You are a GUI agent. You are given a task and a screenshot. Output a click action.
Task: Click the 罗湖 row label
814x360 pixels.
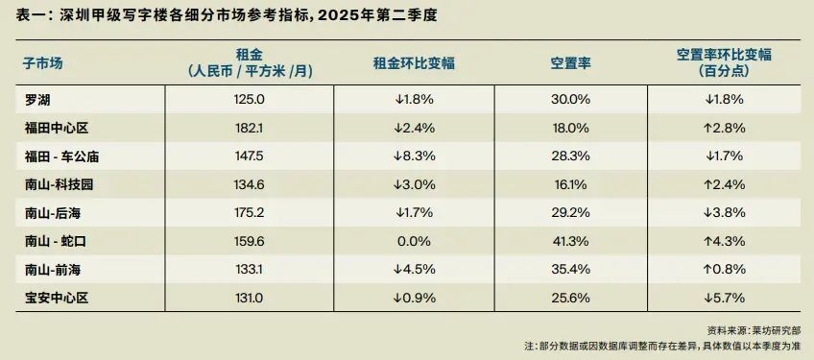click(40, 98)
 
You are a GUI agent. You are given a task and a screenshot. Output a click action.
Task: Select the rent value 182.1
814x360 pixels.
click(250, 127)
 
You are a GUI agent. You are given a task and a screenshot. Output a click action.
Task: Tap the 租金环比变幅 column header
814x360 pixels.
click(414, 62)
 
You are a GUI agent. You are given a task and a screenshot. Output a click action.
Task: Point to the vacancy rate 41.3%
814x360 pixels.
click(570, 241)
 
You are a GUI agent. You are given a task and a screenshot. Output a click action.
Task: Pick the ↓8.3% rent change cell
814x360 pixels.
click(414, 155)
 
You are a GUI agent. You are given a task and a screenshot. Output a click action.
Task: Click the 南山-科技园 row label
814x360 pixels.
click(60, 183)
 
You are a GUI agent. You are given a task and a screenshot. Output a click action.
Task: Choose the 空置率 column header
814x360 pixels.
click(570, 62)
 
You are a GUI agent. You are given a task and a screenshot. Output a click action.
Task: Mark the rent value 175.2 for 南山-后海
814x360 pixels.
click(250, 212)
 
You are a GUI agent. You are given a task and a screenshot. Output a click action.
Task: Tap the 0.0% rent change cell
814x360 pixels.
click(414, 241)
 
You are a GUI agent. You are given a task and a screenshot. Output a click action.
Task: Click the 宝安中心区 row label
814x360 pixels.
click(57, 299)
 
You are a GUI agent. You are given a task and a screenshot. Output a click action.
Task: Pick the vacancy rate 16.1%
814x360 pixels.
click(570, 183)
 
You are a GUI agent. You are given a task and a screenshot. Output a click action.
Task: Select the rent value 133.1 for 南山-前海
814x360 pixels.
click(250, 270)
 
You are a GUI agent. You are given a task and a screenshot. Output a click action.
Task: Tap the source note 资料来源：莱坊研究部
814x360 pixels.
click(754, 328)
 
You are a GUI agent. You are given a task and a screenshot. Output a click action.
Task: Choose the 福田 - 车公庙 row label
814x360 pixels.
click(62, 155)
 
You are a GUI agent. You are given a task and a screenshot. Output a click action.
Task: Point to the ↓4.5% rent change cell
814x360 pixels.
click(414, 270)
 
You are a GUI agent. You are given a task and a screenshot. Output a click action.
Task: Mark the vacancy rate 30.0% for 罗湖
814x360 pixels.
click(570, 98)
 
